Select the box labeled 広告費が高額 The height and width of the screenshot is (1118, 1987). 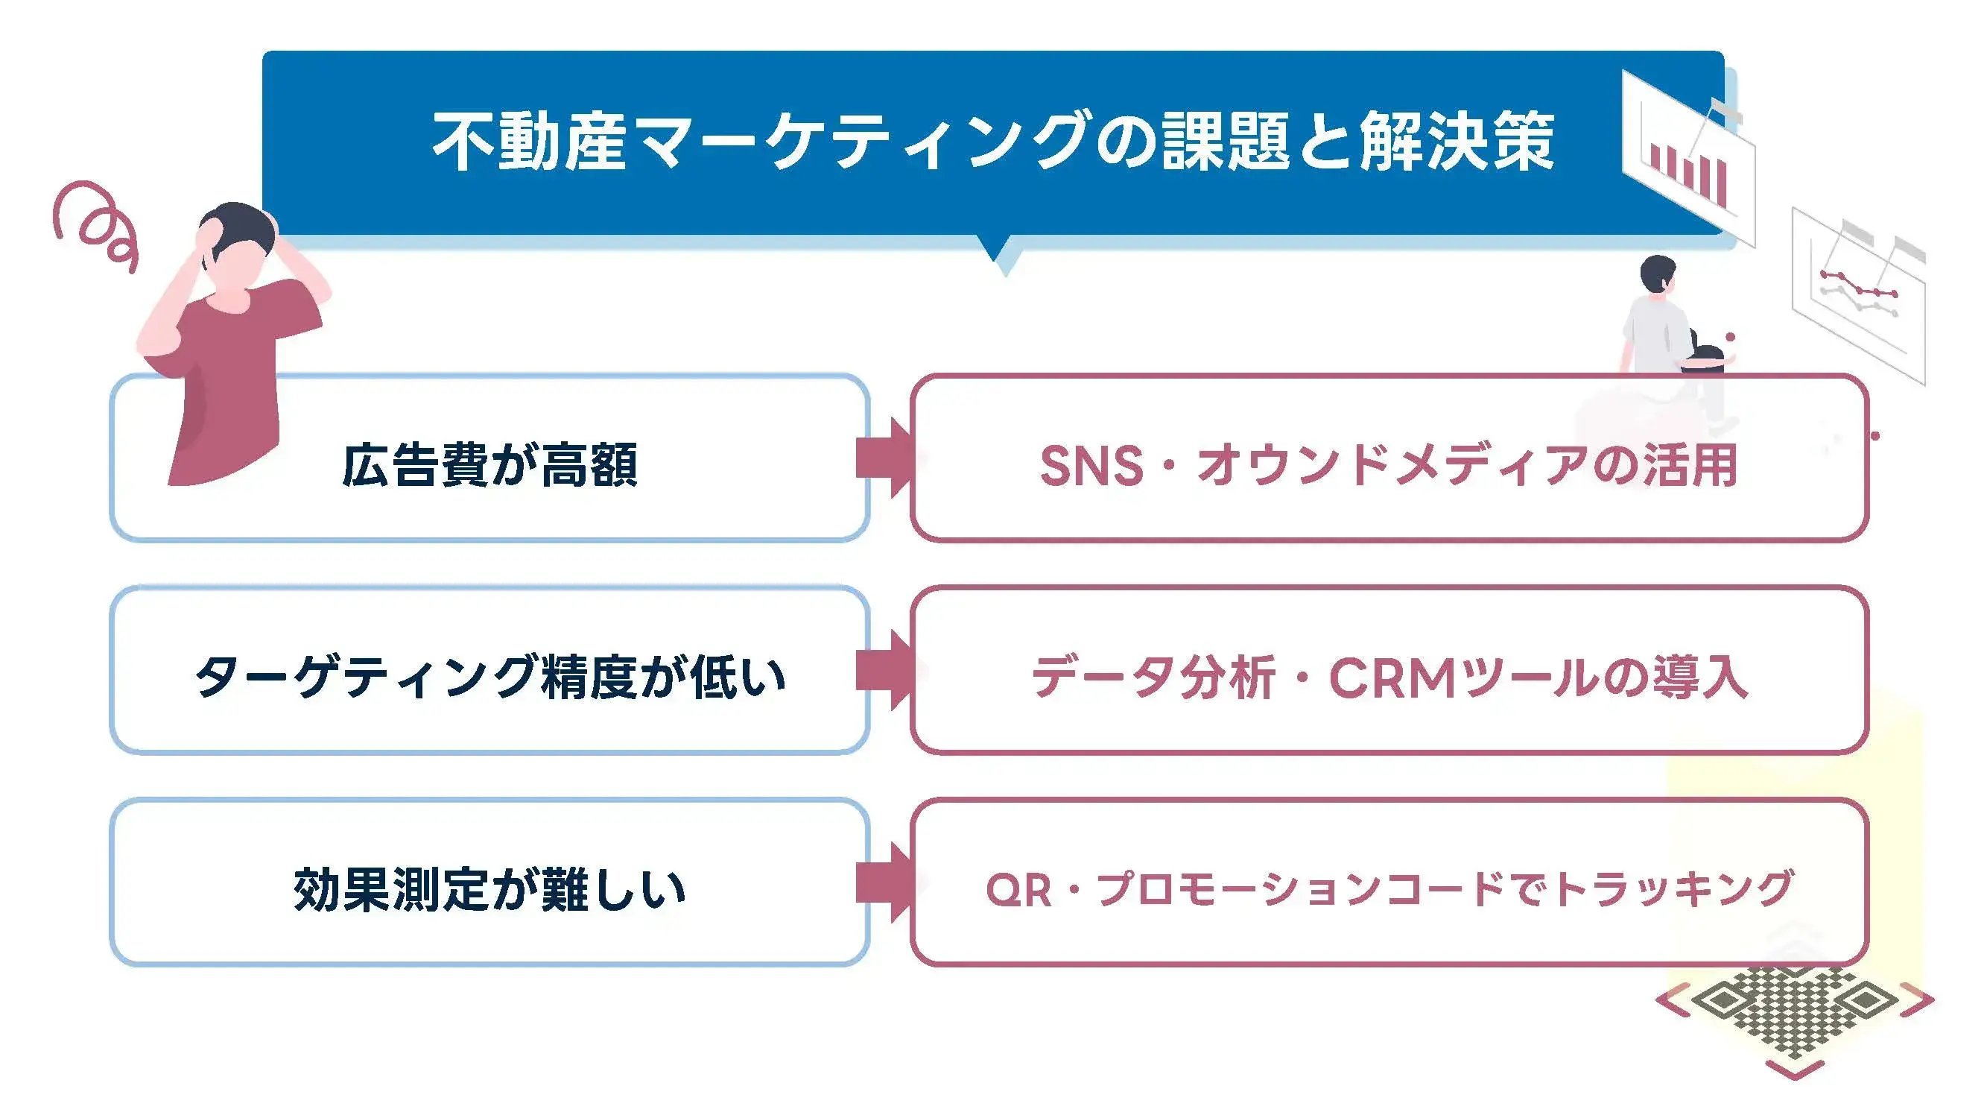click(489, 464)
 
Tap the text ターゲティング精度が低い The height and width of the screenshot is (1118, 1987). click(489, 677)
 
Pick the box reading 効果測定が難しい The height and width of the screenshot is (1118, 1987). click(489, 889)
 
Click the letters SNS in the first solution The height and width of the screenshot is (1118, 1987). click(1091, 466)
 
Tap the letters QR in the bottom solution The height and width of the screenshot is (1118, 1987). click(1018, 890)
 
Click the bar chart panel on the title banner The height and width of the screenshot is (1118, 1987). click(1689, 158)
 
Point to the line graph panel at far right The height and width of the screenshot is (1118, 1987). click(1859, 293)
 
